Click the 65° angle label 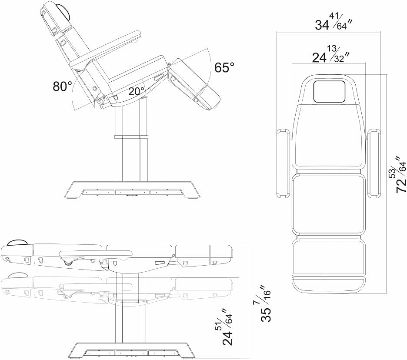pos(224,67)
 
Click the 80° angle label pos(63,86)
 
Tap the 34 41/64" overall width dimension pos(333,22)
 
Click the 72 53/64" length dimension pos(400,174)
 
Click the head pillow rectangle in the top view pos(329,92)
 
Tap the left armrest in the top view pos(284,163)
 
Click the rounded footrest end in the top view pos(329,285)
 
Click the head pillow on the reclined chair pos(64,11)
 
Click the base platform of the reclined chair pos(132,190)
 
